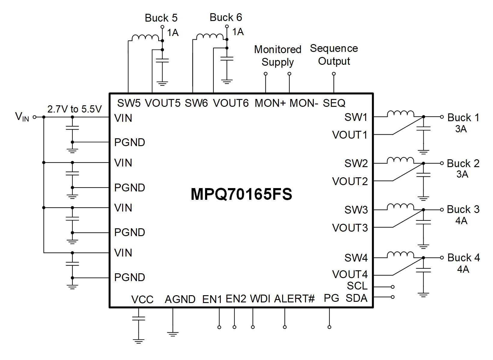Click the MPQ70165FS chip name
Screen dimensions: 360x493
coord(241,194)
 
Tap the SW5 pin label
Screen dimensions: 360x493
coord(129,103)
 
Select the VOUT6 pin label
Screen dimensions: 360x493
coord(231,103)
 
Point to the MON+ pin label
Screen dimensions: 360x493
coord(270,103)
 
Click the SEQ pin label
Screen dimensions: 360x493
coord(334,103)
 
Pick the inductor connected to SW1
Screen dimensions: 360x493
coord(400,114)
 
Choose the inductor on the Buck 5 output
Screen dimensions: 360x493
coord(145,37)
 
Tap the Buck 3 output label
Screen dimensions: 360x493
coord(463,209)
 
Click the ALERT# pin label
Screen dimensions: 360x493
coord(294,299)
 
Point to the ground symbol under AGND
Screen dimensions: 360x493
coord(173,334)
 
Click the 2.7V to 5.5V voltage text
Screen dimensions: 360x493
coord(74,109)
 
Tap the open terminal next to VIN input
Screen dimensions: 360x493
coord(35,117)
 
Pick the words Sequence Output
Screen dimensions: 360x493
coord(334,55)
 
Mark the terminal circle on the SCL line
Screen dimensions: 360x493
coord(392,287)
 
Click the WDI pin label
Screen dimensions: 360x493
coord(260,299)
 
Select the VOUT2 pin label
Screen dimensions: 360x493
coord(350,181)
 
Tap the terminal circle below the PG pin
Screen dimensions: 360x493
coord(329,327)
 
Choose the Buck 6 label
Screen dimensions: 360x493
coord(226,17)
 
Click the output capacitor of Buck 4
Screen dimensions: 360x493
coord(423,270)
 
